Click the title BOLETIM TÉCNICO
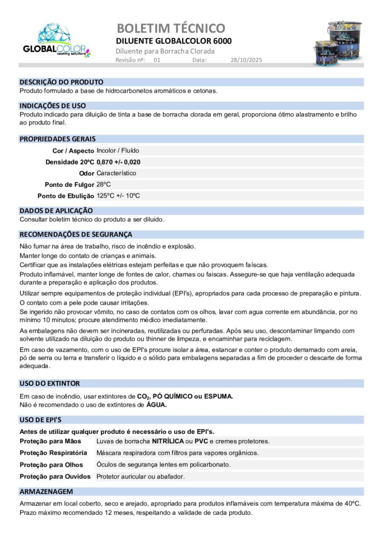[170, 28]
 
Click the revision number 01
[157, 61]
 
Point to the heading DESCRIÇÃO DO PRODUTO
[61, 82]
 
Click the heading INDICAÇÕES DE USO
[53, 105]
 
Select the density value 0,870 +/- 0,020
[119, 162]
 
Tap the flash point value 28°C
[103, 184]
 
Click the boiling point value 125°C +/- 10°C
[118, 195]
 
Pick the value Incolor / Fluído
[118, 151]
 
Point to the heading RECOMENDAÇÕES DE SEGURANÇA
[76, 234]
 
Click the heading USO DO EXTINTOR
[50, 383]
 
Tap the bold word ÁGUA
[157, 405]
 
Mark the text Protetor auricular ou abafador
[141, 476]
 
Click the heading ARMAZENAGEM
[46, 492]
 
